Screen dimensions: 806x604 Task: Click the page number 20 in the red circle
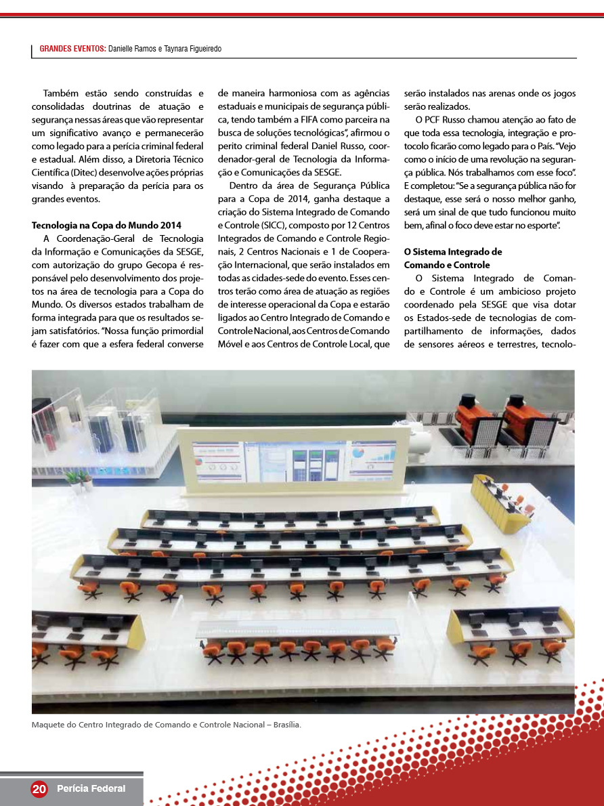pos(39,788)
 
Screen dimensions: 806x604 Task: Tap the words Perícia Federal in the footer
pos(91,788)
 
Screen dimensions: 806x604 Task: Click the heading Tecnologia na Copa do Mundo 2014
pos(106,225)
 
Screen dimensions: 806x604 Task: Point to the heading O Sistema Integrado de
pos(453,251)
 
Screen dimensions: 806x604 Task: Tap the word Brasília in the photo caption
pos(286,725)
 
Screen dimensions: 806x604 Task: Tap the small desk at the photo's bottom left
pos(87,633)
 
